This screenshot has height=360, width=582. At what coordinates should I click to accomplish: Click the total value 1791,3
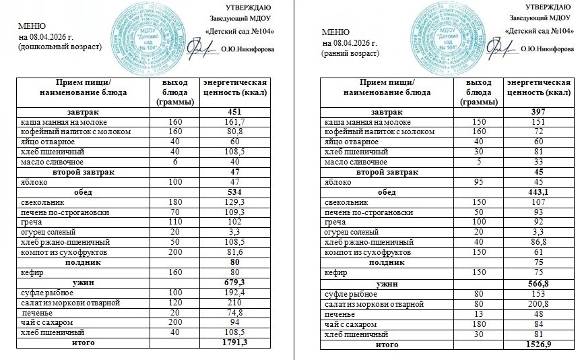coord(235,343)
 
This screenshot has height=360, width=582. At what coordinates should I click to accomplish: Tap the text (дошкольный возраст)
coord(61,47)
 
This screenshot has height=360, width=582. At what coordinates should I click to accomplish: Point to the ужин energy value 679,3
coord(235,282)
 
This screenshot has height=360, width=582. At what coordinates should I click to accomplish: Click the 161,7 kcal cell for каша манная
coord(235,122)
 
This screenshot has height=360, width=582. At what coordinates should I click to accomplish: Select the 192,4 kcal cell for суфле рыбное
coord(235,293)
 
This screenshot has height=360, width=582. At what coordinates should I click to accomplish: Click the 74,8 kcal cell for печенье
coord(235,313)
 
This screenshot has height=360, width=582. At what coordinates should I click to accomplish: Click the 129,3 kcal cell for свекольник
coord(235,202)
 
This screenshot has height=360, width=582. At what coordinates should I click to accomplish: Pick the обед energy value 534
coord(235,192)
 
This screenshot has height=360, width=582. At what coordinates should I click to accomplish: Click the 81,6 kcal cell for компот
coord(235,252)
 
